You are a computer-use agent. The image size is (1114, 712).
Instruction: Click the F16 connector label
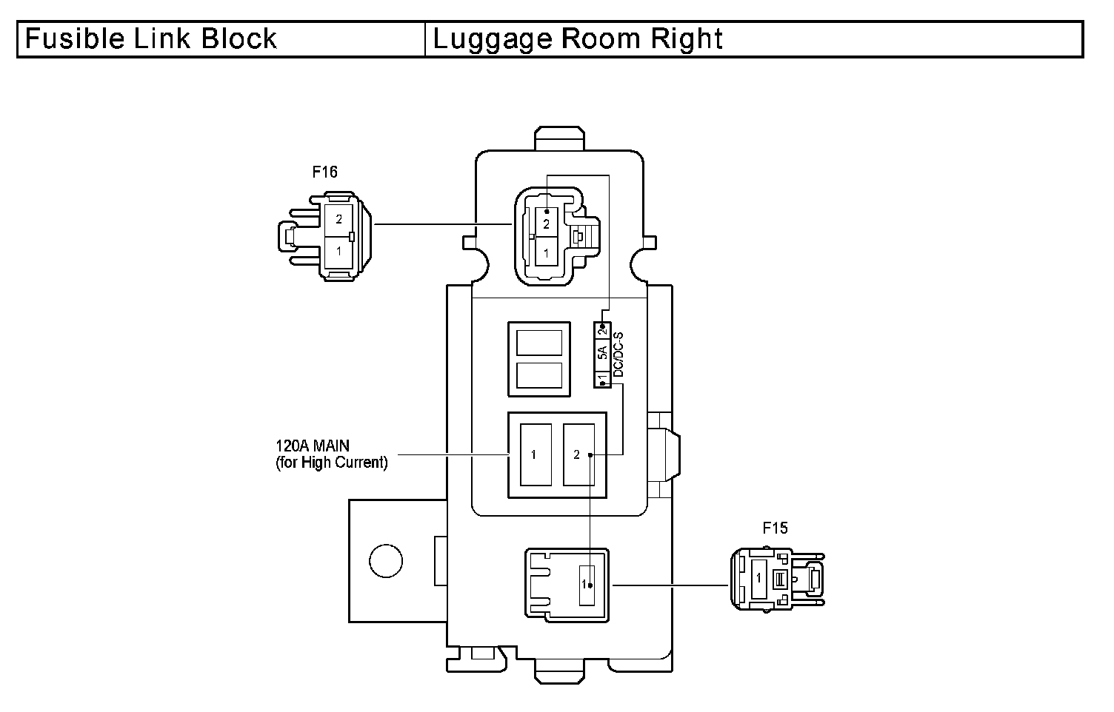tap(324, 172)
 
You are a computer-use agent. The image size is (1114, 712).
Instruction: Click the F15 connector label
tap(776, 528)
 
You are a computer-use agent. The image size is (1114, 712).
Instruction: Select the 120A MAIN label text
tap(313, 446)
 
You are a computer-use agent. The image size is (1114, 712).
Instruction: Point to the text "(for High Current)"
tap(331, 463)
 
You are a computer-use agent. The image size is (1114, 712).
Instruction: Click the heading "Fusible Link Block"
tap(151, 38)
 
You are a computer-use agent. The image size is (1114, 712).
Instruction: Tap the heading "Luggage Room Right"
tap(578, 38)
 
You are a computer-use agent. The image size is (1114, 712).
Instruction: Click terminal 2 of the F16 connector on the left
tap(338, 219)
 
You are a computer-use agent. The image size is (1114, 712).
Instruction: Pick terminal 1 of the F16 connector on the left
tap(338, 251)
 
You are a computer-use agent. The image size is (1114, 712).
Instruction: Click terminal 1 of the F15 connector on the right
tap(758, 578)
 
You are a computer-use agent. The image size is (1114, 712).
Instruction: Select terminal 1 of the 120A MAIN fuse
tap(534, 454)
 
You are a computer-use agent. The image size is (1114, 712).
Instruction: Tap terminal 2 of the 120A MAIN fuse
tap(578, 454)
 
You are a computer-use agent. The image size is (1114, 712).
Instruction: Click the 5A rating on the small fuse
tap(603, 353)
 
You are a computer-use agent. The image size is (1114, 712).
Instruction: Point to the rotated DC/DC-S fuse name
tap(618, 355)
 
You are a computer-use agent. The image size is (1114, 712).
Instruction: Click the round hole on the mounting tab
tap(386, 560)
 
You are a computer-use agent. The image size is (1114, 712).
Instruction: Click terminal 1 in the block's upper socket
tap(547, 253)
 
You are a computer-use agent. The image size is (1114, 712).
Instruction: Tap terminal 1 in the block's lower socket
tap(585, 585)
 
